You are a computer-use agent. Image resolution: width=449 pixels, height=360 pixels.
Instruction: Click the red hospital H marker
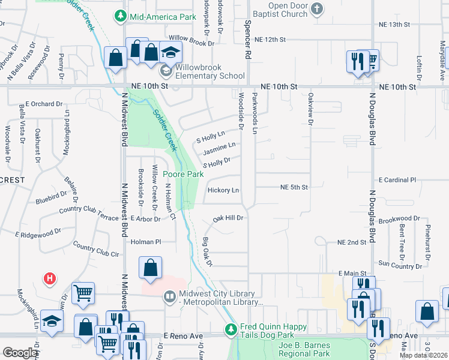[x=50, y=278]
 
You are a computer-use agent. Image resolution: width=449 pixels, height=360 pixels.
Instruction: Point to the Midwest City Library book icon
[x=170, y=296]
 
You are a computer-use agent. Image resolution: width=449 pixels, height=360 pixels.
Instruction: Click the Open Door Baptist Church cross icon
[x=317, y=8]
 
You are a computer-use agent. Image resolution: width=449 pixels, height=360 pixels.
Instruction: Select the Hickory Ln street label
[x=223, y=191]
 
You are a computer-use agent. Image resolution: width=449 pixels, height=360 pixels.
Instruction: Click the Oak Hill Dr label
[x=228, y=218]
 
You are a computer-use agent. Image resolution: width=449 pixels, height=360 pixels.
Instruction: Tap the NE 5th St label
[x=294, y=187]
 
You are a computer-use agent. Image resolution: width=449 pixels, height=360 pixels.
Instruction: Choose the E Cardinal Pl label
[x=397, y=180]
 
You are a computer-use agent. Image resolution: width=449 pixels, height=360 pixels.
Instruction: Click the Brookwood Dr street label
[x=399, y=219]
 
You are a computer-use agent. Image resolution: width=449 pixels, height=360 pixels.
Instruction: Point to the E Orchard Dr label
[x=43, y=104]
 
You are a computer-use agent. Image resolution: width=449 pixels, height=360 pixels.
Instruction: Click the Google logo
[x=20, y=353]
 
